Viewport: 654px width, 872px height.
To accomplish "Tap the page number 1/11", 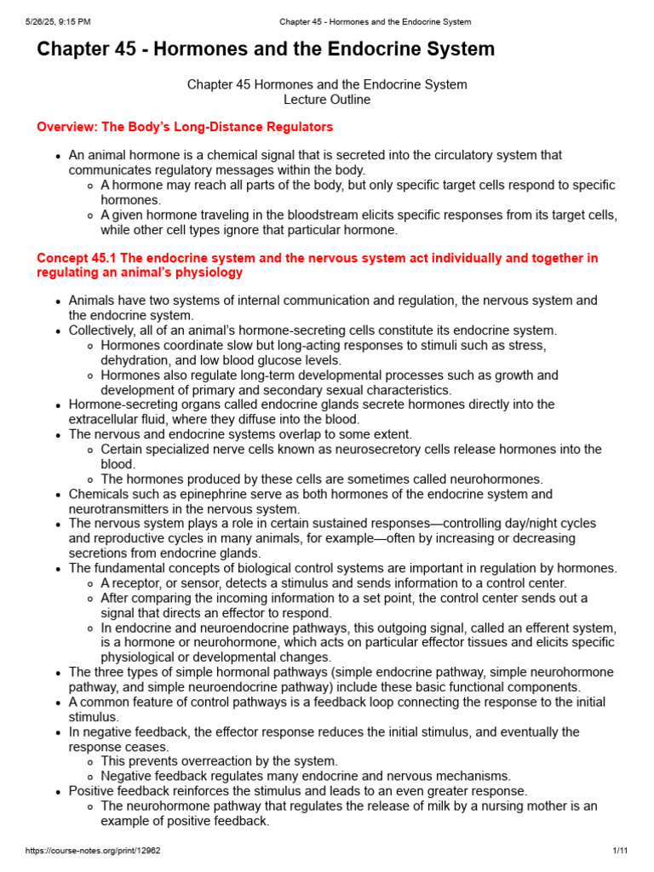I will click(619, 851).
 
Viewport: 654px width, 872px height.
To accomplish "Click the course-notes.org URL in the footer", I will click(82, 851).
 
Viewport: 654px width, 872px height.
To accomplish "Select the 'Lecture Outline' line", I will click(327, 100).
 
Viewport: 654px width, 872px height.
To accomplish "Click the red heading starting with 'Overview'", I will click(185, 127).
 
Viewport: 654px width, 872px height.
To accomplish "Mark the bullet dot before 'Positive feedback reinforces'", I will click(58, 791).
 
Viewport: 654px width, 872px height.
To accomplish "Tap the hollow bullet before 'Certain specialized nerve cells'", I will click(90, 450).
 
